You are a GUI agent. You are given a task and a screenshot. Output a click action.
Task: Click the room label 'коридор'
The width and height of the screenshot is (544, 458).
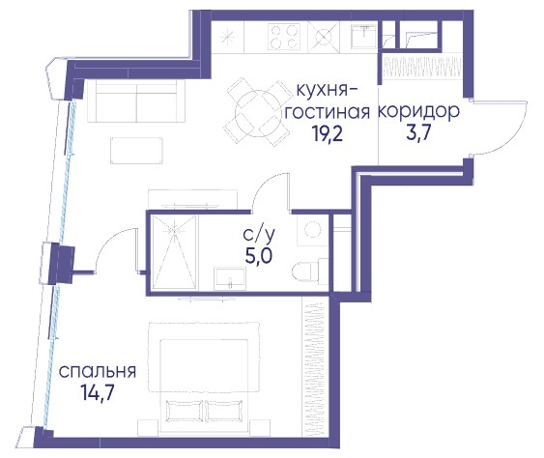pos(418,112)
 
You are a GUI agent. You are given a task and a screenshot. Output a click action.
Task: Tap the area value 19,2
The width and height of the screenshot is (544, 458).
pos(328,134)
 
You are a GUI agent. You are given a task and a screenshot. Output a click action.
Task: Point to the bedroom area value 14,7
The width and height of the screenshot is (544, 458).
pos(98,392)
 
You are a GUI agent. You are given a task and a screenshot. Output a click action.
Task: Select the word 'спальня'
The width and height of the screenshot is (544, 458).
pos(98,372)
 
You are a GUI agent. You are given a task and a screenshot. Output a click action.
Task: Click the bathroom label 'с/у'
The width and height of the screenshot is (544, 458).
pos(259,235)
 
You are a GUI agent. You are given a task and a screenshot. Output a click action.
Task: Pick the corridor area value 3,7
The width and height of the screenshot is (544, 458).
pos(418,132)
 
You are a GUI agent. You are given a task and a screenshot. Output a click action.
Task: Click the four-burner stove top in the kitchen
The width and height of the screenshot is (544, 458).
pos(283,36)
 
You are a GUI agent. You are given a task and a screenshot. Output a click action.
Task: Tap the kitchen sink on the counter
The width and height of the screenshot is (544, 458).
pos(363,36)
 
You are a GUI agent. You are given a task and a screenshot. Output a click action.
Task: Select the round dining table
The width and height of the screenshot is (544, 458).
pos(257,112)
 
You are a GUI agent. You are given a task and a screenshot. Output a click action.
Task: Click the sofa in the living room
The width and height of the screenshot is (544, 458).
pos(136,100)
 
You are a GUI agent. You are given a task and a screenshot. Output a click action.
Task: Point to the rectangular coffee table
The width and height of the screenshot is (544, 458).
pos(136,151)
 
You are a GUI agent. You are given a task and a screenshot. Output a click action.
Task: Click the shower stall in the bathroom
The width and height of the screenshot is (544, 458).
pos(175,252)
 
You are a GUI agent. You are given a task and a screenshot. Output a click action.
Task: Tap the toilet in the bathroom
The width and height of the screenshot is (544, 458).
pos(306,271)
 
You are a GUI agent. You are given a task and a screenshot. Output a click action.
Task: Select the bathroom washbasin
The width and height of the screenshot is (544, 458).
pos(230,278)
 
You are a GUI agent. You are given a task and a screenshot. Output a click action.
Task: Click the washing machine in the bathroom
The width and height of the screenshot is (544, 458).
pos(313,230)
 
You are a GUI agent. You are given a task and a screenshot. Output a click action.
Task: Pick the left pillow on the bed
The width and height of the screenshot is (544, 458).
pos(184,411)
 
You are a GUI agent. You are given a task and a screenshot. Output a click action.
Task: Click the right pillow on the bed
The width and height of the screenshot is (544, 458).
pos(224,411)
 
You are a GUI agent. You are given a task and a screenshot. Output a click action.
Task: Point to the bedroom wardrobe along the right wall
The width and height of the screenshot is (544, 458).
pos(315,367)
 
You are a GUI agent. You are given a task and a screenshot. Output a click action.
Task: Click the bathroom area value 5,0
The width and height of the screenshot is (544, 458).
pos(259,256)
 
